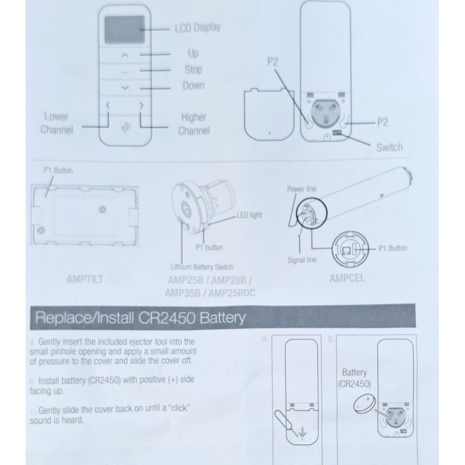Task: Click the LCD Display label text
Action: click(x=197, y=27)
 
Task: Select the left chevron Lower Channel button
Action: click(x=108, y=105)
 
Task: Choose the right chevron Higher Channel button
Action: click(x=141, y=105)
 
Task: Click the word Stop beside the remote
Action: click(x=193, y=70)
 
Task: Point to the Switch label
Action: click(x=389, y=147)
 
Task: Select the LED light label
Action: click(x=249, y=215)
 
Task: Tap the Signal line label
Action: click(x=302, y=260)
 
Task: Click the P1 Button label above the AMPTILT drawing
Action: click(x=58, y=171)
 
